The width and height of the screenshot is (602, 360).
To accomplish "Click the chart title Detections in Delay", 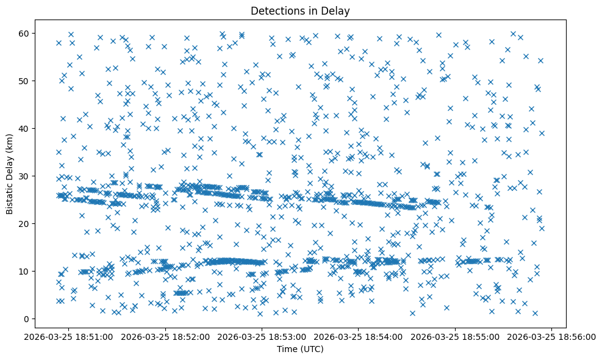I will point(301,10).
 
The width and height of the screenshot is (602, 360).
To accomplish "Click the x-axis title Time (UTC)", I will point(301,349).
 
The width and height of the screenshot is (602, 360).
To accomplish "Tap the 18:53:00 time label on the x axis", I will point(263,336).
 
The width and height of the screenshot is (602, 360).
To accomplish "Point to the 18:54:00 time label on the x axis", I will point(359,336).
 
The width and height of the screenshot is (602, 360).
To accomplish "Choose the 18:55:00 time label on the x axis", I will point(455,336).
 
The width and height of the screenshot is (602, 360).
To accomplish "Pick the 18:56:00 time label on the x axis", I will point(551,336).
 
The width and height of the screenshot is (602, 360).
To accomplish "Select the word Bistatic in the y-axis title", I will point(10,196).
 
